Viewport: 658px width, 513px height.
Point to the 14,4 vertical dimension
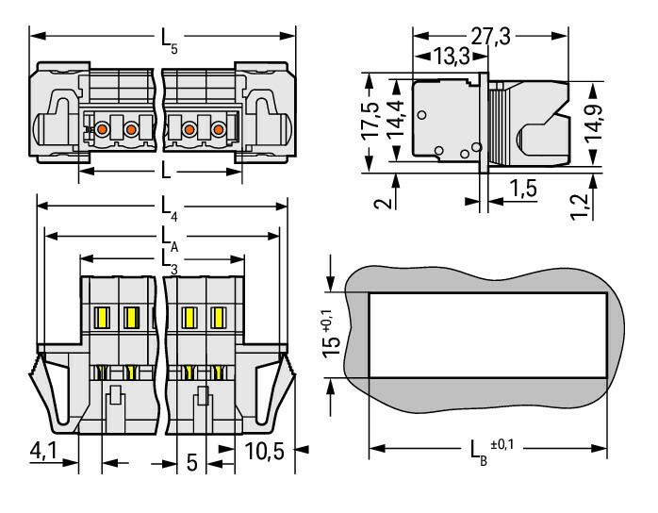click(397, 121)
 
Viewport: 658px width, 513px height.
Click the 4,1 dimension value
click(43, 450)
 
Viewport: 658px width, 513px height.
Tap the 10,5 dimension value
click(264, 450)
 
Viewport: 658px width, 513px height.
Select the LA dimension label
click(168, 233)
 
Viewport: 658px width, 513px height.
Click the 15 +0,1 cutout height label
click(326, 336)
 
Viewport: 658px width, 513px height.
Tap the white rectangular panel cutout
click(486, 335)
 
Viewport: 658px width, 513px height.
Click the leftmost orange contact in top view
click(103, 127)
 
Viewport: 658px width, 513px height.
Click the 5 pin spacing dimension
click(192, 462)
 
